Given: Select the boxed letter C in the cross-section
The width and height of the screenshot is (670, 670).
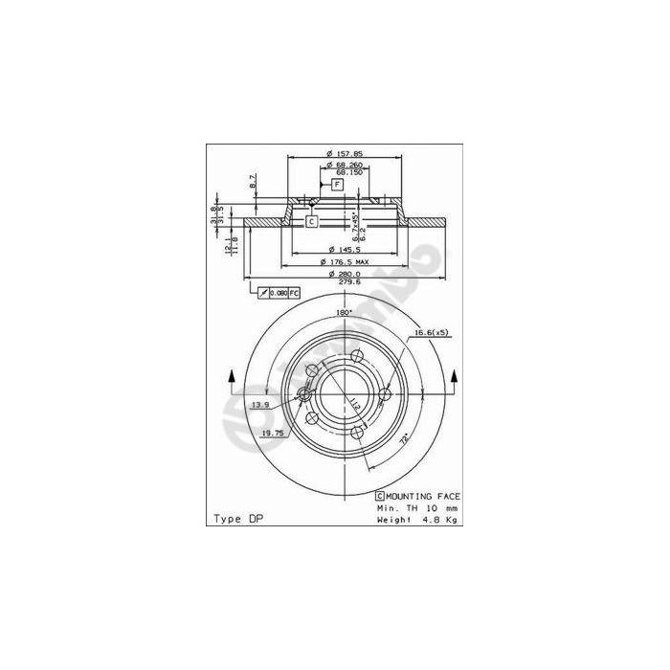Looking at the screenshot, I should pos(311,221).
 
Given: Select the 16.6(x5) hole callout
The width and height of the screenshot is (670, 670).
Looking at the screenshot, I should pos(432,332).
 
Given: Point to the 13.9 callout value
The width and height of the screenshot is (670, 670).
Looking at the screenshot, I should pos(259,405).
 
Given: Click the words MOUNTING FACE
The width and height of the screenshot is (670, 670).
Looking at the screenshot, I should pos(423,496).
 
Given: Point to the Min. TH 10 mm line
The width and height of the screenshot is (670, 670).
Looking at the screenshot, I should pos(417,507).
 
